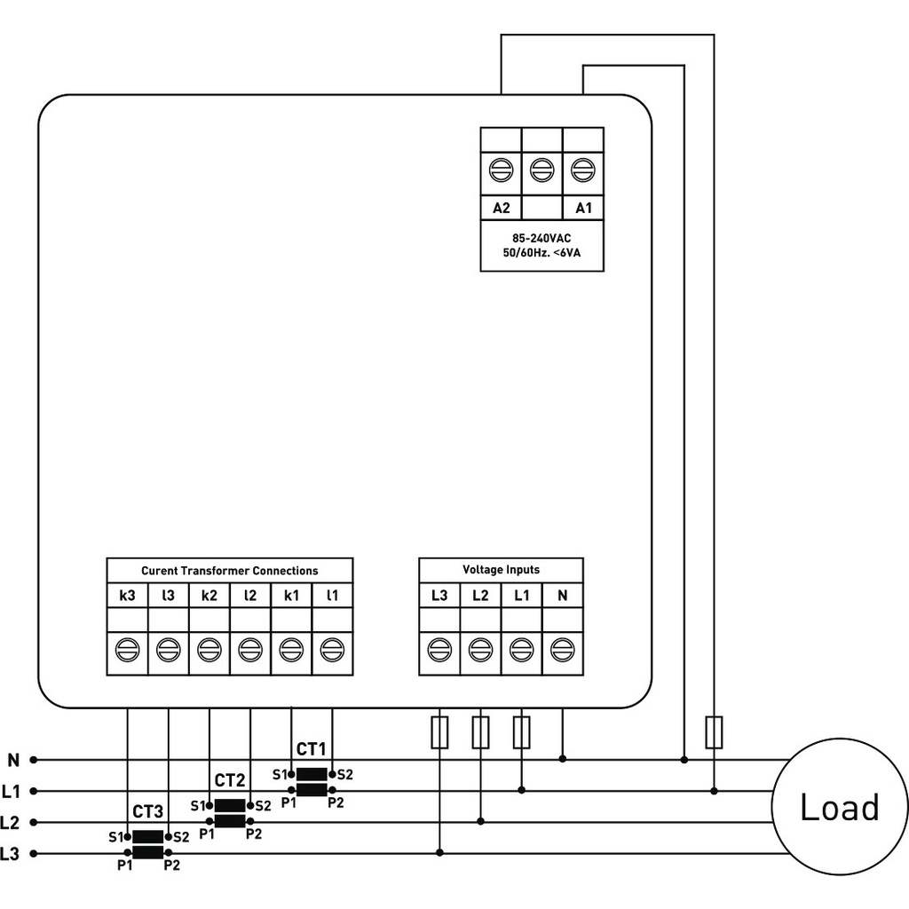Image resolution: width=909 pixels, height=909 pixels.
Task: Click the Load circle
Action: tap(839, 807)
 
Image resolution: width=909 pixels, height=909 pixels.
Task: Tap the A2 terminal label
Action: tap(501, 209)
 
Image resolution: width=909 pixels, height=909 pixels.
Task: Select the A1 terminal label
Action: tap(583, 209)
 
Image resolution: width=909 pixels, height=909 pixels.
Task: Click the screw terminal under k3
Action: tap(127, 651)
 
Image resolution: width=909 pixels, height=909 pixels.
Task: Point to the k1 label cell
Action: tap(291, 595)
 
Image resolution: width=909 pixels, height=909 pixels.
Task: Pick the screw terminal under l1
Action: tap(332, 651)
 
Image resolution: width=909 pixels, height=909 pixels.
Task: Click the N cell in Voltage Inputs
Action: tap(562, 595)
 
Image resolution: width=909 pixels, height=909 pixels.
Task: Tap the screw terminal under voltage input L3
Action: tap(439, 651)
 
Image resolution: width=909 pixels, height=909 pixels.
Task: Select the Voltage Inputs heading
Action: tap(501, 570)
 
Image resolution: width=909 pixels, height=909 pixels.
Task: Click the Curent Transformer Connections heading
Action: tap(229, 571)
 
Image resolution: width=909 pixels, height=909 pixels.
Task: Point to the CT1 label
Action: tap(312, 748)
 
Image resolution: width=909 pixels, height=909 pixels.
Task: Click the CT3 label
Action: tap(147, 811)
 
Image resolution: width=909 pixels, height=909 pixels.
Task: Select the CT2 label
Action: tap(230, 780)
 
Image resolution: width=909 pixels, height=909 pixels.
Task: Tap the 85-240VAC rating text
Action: tap(541, 239)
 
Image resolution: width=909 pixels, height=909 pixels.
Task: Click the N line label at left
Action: tap(12, 760)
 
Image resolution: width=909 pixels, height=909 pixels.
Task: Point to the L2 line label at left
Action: tap(11, 822)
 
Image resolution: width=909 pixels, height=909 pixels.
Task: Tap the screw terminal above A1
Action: tap(582, 168)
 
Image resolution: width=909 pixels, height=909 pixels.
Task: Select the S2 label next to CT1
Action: tap(344, 774)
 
